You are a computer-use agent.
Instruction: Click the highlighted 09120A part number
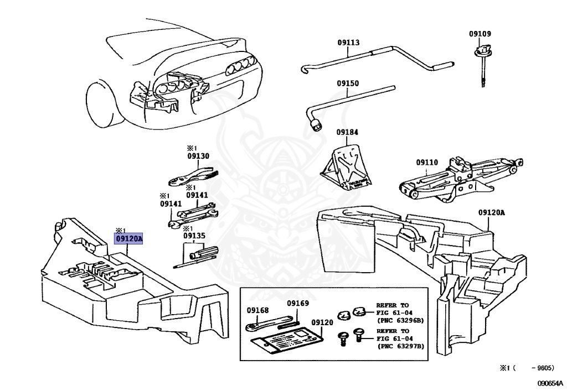pyautogui.click(x=128, y=239)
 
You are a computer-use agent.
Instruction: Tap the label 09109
pyautogui.click(x=480, y=34)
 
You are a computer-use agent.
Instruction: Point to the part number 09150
pyautogui.click(x=348, y=84)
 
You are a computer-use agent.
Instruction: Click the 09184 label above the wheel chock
pyautogui.click(x=347, y=132)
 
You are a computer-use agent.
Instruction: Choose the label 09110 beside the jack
pyautogui.click(x=427, y=163)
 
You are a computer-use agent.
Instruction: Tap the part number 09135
pyautogui.click(x=194, y=236)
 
